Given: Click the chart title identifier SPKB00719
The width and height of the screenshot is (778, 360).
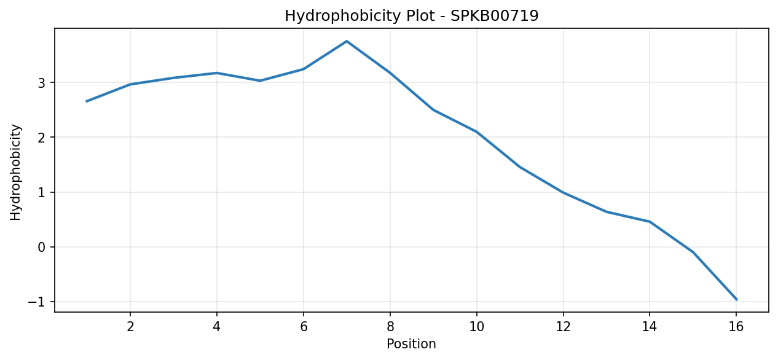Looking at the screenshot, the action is coord(494,16).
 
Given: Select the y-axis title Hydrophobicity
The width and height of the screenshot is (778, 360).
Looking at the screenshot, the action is coord(15,173).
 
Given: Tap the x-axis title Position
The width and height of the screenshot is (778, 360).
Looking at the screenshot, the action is coord(411,344).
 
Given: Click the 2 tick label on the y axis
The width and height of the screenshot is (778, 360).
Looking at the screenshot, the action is coord(42,138).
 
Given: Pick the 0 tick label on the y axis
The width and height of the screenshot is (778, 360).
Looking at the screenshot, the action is coord(42,248).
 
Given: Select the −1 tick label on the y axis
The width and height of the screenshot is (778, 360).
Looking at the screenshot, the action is coord(37,302).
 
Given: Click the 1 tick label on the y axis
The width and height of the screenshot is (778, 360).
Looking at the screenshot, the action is coord(42,193).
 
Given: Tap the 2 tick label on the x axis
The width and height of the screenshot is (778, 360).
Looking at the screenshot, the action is coord(130,327).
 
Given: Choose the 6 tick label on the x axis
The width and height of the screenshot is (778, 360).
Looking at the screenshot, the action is coord(304,327).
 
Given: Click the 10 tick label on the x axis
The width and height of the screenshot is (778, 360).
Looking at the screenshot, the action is coord(476,327).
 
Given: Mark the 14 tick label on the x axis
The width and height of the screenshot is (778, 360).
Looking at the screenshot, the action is coord(650,327).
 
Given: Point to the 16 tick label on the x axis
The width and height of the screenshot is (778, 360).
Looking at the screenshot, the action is coord(736,327).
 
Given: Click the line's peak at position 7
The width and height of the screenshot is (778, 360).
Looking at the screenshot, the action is coord(347,41).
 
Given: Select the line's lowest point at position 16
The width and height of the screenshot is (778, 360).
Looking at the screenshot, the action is coord(736,300).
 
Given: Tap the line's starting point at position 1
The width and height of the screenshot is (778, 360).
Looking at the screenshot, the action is coord(87,101).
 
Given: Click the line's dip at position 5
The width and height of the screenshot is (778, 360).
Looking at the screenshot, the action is coord(260,80).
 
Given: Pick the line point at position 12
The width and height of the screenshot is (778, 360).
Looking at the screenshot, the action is coord(563,192).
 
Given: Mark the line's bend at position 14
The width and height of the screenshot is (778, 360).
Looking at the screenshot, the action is coord(650,222).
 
